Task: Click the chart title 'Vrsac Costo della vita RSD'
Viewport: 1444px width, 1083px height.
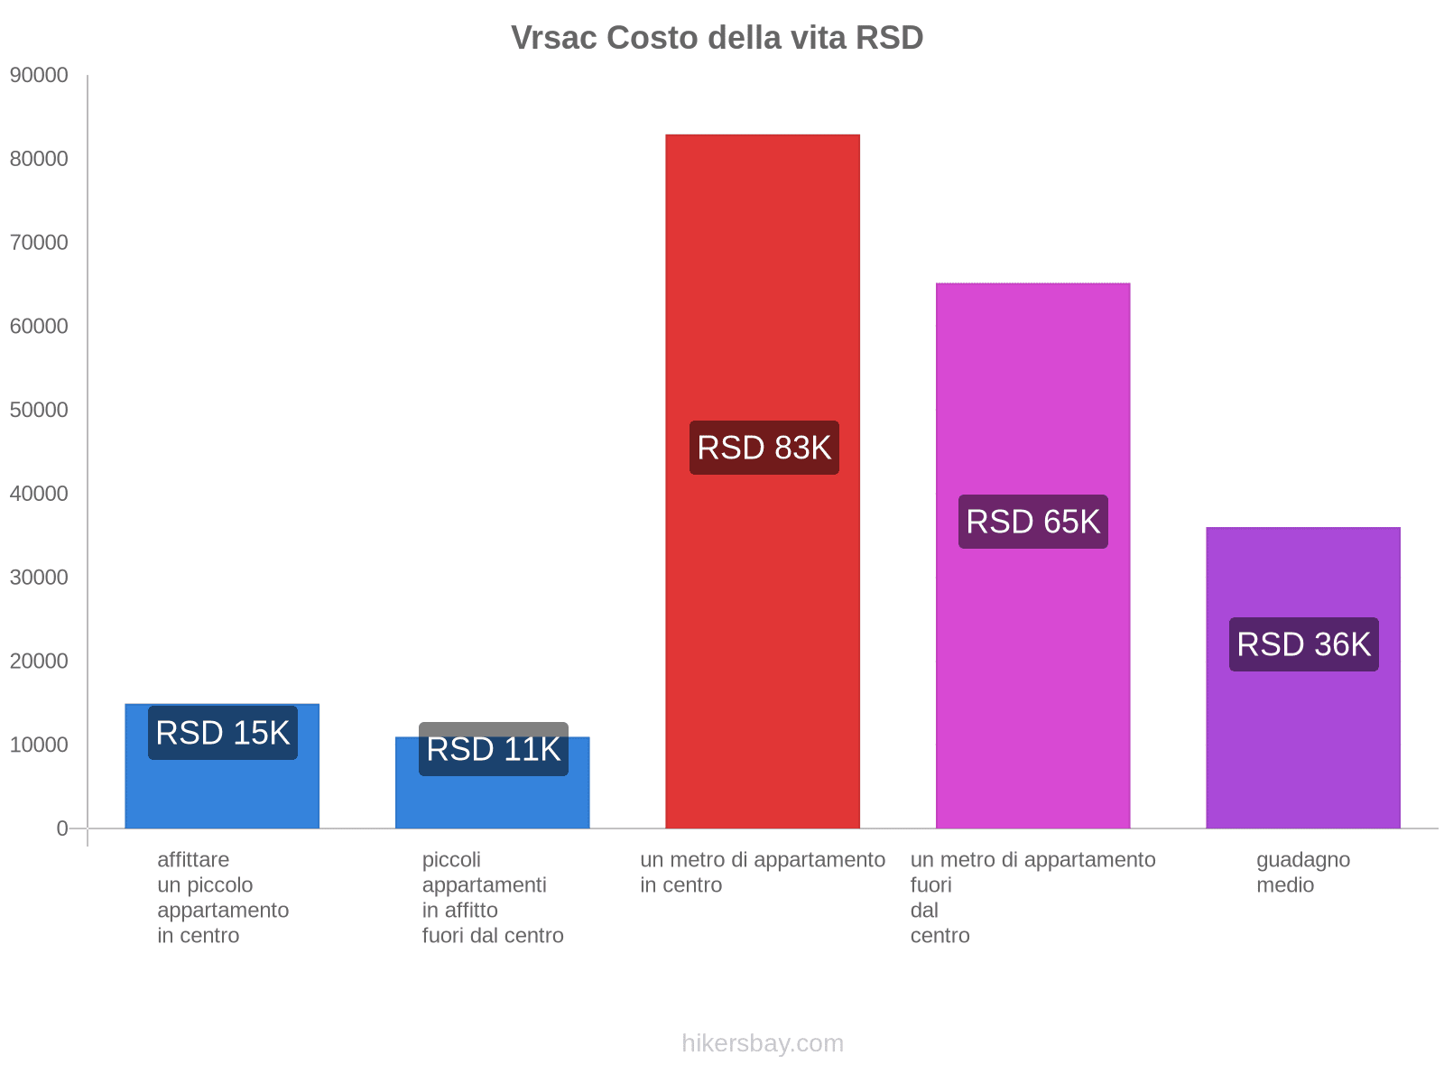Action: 717,38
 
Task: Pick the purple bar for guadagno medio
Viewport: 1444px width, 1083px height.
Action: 1303,740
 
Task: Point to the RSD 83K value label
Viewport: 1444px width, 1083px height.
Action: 764,448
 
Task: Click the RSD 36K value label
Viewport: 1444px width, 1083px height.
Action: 1303,644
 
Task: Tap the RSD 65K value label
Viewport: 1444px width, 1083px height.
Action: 1032,522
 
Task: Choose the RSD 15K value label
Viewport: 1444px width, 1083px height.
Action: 222,732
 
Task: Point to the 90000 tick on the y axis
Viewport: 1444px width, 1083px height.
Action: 40,75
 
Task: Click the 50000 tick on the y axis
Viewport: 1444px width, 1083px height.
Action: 40,410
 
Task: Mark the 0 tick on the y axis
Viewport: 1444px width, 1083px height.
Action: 62,828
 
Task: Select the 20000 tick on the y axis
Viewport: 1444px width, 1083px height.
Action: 40,661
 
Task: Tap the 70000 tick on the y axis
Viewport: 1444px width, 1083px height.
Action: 40,242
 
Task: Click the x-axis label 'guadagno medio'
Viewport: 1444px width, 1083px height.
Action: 1302,872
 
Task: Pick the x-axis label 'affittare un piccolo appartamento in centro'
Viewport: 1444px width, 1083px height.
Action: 222,897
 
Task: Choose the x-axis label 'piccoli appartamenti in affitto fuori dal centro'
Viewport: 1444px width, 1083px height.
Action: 493,897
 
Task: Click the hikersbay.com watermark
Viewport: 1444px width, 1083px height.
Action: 763,1043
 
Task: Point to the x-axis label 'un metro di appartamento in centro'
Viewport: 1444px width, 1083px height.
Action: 763,872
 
